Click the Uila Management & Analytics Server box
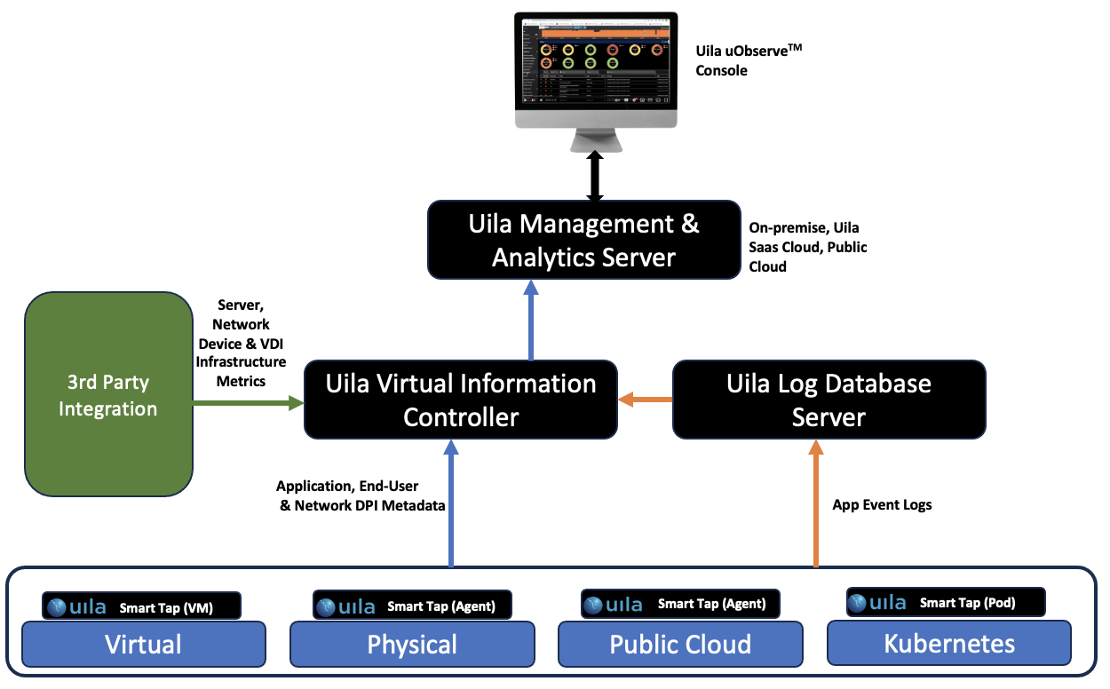(x=583, y=241)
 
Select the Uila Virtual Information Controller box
(x=460, y=400)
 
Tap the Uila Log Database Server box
(x=829, y=400)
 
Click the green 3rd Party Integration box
(x=107, y=395)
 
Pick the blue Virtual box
(x=143, y=644)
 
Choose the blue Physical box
(x=412, y=644)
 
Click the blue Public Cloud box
(x=680, y=644)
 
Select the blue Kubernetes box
(x=948, y=644)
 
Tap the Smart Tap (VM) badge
(x=142, y=607)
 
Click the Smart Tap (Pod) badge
(x=945, y=603)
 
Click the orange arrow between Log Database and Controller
(x=646, y=400)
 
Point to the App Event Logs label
(x=882, y=505)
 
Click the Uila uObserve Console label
(x=742, y=61)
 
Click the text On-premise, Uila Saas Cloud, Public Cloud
(x=806, y=247)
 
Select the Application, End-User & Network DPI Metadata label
(x=361, y=495)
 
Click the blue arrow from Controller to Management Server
(x=531, y=321)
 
